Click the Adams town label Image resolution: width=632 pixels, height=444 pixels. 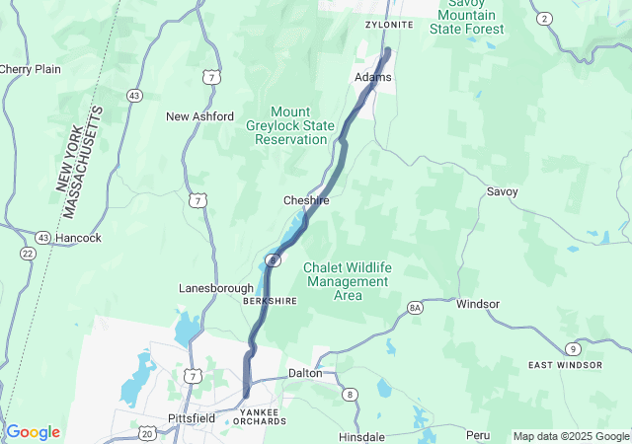(373, 77)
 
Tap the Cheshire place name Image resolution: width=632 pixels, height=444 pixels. (306, 200)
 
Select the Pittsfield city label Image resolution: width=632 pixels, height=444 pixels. (192, 418)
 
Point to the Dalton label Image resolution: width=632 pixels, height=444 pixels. (305, 374)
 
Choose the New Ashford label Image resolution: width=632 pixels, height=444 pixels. (199, 116)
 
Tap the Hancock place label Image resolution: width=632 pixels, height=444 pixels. (79, 238)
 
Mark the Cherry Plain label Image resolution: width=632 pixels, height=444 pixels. (31, 69)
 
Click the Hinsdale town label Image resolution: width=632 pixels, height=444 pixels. (360, 435)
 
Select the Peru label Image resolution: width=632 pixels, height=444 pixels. (478, 435)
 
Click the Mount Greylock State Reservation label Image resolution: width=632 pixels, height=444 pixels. (290, 125)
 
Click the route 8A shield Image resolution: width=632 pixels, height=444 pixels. (415, 309)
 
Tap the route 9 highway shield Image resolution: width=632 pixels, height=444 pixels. (574, 348)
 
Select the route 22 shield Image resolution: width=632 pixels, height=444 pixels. (27, 254)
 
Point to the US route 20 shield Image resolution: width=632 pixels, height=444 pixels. (147, 433)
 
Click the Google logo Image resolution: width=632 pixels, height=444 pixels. (34, 432)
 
